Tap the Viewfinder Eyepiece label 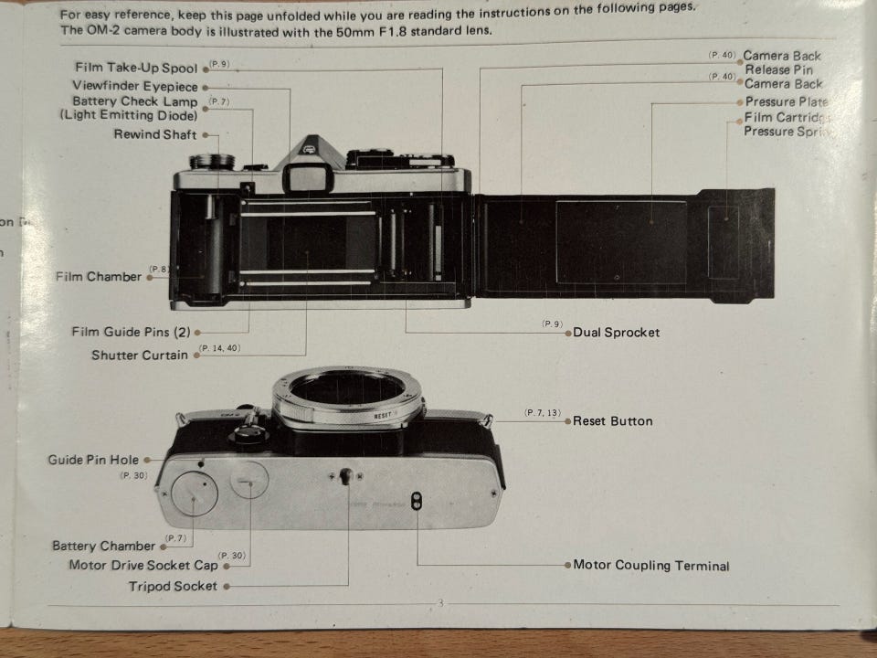[134, 85]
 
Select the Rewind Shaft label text [154, 134]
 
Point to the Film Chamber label [99, 276]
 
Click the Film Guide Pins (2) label [131, 332]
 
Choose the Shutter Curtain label [139, 355]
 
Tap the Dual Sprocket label [616, 332]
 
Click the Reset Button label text [612, 421]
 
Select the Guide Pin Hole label [93, 460]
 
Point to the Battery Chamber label [103, 546]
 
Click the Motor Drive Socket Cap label [143, 565]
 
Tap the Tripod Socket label [173, 586]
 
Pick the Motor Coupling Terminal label [650, 566]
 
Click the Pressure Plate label [786, 102]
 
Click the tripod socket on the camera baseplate [346, 476]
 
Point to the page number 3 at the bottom [439, 603]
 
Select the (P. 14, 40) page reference [219, 348]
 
